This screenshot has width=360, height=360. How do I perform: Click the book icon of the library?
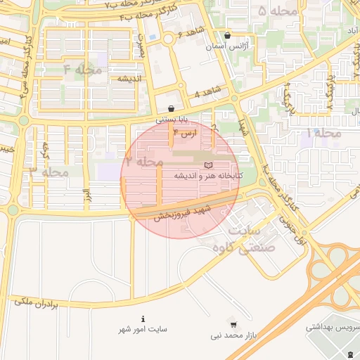coord(207,165)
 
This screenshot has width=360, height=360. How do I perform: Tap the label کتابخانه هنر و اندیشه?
coord(209,175)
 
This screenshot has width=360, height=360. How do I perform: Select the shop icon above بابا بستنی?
coord(172,109)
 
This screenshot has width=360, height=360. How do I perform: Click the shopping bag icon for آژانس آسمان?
coord(226,35)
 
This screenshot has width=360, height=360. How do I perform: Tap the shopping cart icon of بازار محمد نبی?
coord(233,325)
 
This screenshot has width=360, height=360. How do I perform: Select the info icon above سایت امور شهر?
coord(143,319)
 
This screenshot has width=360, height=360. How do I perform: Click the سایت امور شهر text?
coord(144,329)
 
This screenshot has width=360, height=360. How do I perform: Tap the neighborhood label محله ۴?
coord(83,70)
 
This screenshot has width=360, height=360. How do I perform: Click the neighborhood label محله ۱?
coord(323,133)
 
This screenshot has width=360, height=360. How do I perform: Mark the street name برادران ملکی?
coord(34,302)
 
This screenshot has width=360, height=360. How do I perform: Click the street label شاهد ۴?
coord(207,92)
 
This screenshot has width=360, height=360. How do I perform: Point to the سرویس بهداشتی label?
coord(333,328)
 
